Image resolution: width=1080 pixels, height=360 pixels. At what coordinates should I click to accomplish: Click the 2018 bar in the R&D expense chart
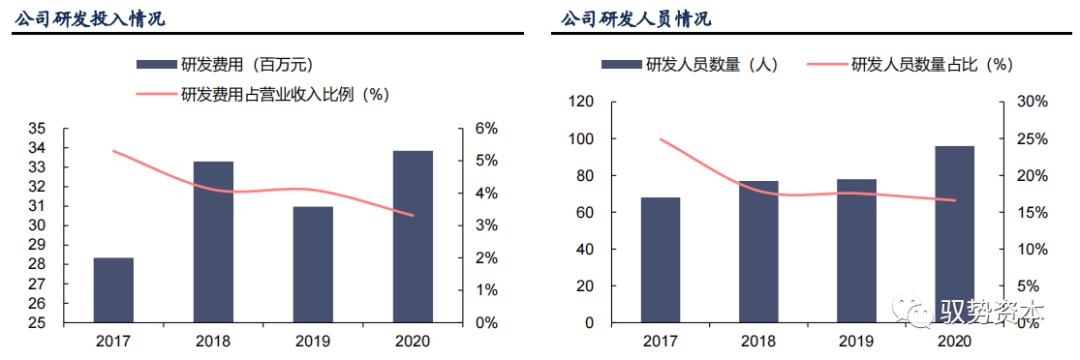[213, 242]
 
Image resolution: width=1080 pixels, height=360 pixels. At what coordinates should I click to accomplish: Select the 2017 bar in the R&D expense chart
[113, 290]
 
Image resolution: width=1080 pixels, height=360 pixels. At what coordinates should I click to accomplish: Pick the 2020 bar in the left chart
[413, 237]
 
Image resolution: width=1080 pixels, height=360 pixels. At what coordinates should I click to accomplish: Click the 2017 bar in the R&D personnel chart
[660, 260]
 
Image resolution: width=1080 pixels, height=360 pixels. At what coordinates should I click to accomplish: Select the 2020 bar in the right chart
[954, 234]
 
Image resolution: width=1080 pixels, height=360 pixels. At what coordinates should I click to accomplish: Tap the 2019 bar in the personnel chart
[856, 251]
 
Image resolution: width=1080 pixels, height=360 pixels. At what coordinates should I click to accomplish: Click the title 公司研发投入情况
[90, 19]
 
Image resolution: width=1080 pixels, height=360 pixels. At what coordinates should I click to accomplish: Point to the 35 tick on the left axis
[36, 129]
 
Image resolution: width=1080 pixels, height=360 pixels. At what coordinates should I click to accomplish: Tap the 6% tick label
[485, 129]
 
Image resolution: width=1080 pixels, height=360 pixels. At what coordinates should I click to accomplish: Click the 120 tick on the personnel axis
[580, 102]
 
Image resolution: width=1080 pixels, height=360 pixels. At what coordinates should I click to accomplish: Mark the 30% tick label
[1031, 102]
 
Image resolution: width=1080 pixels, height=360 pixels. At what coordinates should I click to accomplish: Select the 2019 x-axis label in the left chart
[313, 341]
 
